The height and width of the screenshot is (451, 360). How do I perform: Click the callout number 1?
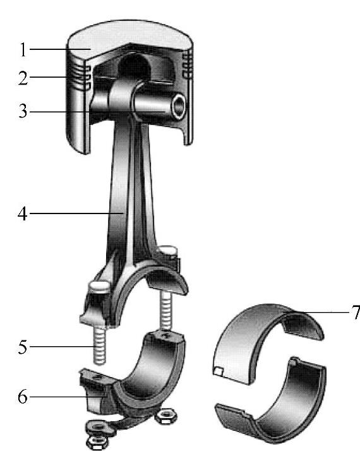(23, 49)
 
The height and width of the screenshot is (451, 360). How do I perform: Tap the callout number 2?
(23, 78)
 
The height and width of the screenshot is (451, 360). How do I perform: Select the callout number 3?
(23, 111)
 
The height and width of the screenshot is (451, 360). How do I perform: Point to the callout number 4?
(23, 213)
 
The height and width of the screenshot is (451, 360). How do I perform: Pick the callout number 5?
(23, 347)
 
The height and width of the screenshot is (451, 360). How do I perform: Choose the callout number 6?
(23, 397)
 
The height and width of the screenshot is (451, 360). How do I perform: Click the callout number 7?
(356, 313)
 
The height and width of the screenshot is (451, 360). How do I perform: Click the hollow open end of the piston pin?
(179, 106)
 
